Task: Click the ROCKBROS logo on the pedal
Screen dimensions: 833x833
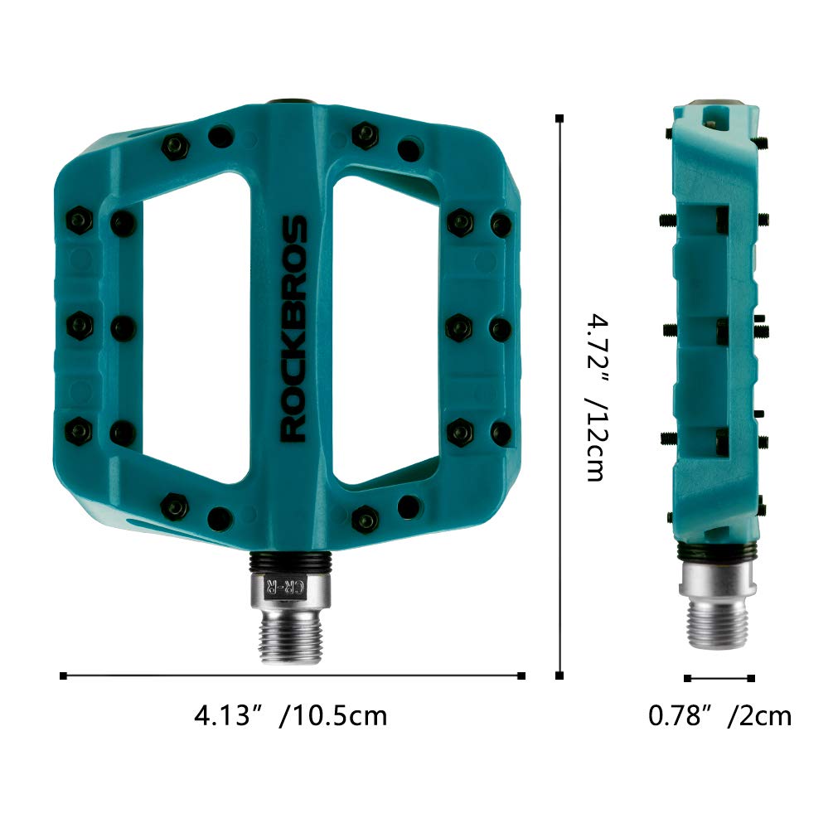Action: click(x=293, y=328)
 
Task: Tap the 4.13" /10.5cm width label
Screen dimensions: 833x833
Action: click(x=290, y=714)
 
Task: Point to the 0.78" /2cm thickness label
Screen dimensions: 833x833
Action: click(x=719, y=714)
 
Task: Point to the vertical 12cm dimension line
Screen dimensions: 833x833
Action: click(x=561, y=398)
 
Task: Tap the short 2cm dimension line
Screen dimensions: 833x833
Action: click(x=719, y=678)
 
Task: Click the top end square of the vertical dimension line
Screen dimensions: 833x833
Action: click(x=561, y=119)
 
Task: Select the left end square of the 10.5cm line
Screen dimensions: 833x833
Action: click(x=64, y=676)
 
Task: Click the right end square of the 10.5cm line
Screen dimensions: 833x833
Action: click(x=521, y=676)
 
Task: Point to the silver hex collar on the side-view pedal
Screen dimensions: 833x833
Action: click(x=718, y=578)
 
